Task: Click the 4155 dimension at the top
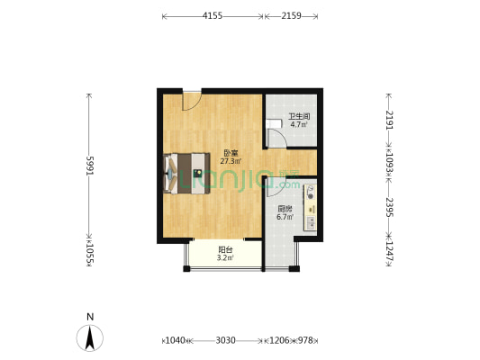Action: (x=213, y=16)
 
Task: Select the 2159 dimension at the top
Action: (x=291, y=16)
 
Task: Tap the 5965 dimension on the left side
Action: (x=90, y=166)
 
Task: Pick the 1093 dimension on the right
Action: (x=389, y=165)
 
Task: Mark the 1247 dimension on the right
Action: (x=389, y=247)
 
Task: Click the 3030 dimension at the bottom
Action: (x=225, y=340)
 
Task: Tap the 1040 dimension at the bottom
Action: (x=176, y=340)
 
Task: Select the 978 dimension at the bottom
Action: (x=306, y=340)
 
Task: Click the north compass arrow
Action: (x=90, y=337)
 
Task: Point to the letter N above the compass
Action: (x=90, y=317)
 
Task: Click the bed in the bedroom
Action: (x=187, y=172)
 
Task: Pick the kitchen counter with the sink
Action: (x=311, y=206)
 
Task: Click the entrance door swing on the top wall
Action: (x=191, y=100)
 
